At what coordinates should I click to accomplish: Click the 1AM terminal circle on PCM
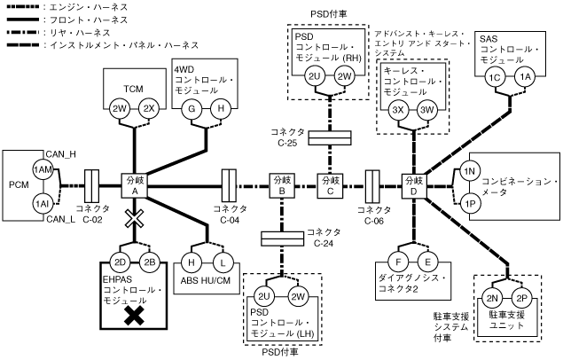(41, 169)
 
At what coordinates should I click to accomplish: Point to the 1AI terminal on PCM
(41, 203)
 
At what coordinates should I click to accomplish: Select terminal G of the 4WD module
(190, 109)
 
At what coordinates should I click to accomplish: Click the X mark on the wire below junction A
(135, 218)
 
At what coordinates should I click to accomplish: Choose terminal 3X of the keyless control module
(399, 109)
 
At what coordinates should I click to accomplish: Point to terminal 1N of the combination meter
(471, 170)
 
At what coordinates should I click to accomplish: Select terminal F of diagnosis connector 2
(400, 262)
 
